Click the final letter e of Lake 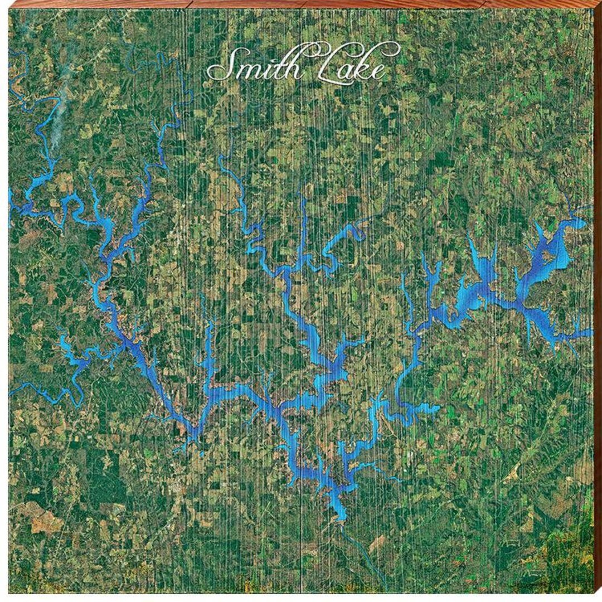pos(378,71)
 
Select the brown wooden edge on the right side pos(598,301)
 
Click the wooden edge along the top pos(301,3)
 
